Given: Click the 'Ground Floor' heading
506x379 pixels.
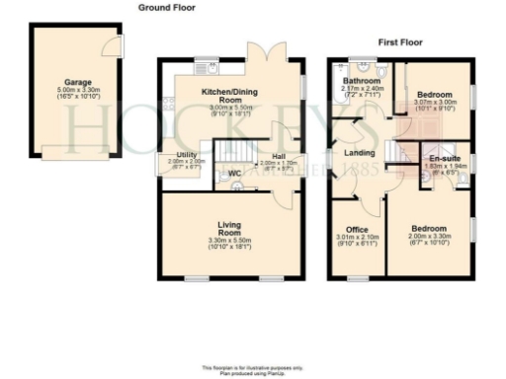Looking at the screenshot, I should click(x=166, y=7).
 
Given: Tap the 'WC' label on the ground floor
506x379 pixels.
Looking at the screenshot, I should click(x=234, y=176).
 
